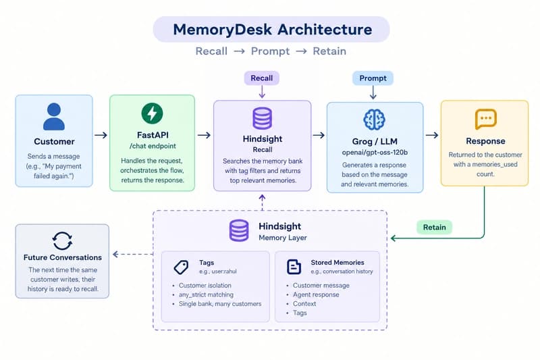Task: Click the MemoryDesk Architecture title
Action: tap(273, 30)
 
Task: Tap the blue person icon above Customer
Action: tap(54, 116)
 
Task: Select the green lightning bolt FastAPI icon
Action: tap(153, 113)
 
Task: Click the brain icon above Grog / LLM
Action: tap(375, 120)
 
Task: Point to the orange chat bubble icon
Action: tap(485, 119)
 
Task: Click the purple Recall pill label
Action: tap(262, 78)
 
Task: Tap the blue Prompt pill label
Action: tap(373, 78)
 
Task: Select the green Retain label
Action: tap(434, 228)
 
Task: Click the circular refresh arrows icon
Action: tap(62, 240)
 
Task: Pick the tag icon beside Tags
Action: tap(181, 267)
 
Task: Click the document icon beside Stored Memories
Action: tap(294, 267)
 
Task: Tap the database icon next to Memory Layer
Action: tap(239, 230)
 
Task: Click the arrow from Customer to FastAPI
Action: tap(101, 135)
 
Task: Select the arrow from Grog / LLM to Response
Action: tap(432, 135)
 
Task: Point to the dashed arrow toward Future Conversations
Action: tap(133, 254)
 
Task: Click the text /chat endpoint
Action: tap(153, 146)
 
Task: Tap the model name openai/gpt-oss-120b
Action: tap(375, 152)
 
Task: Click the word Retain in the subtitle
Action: tap(329, 51)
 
